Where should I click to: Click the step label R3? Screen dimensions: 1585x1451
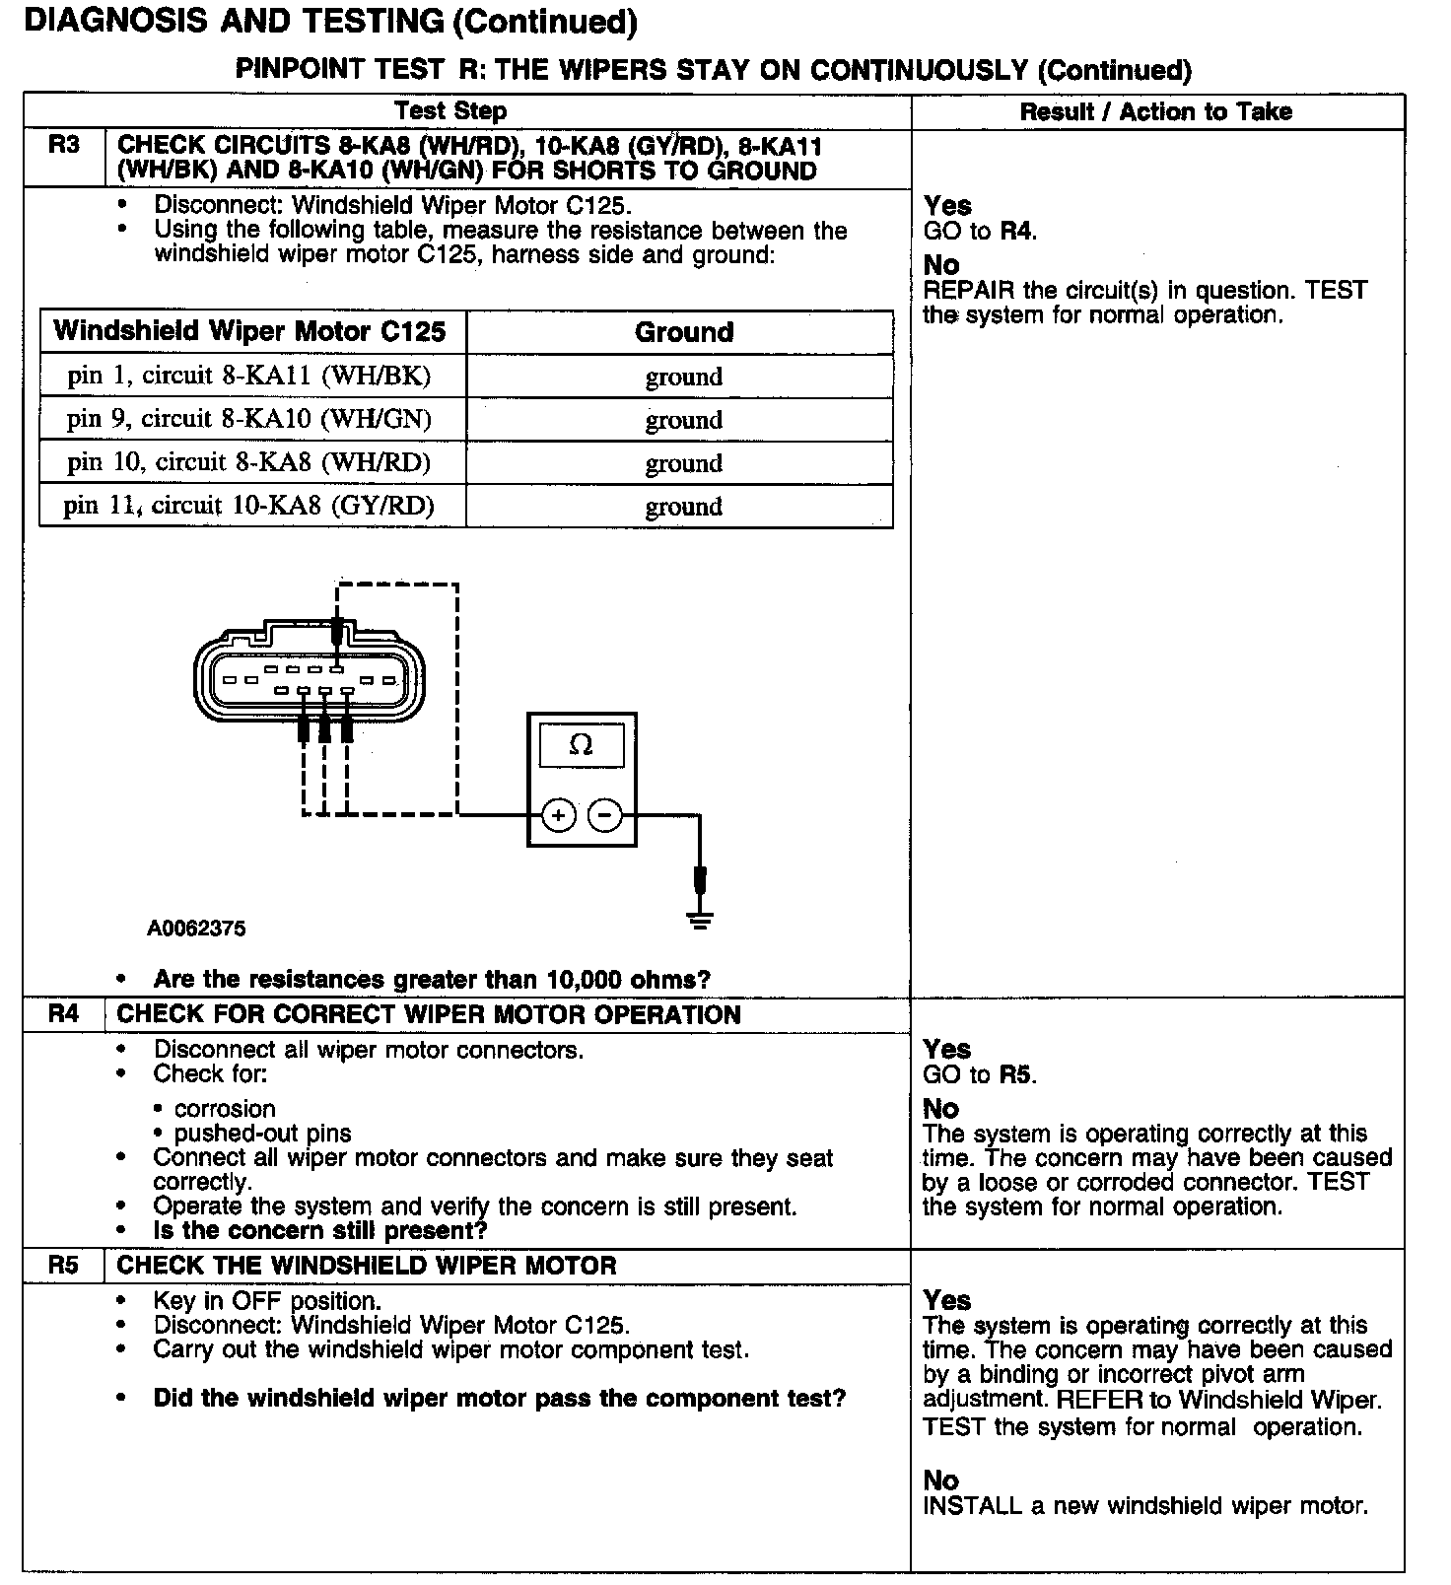click(63, 146)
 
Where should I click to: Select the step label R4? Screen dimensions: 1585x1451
click(63, 1014)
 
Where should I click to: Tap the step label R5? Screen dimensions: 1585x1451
click(63, 1266)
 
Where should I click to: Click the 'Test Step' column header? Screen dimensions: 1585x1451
click(450, 111)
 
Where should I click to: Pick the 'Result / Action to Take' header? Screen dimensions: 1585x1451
click(1155, 111)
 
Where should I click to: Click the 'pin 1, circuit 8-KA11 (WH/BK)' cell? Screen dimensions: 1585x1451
click(249, 376)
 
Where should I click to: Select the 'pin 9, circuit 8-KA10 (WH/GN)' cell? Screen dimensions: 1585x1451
click(249, 419)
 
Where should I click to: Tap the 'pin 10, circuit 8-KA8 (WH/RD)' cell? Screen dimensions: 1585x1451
click(249, 462)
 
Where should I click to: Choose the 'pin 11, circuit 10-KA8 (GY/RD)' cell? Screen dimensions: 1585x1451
click(249, 506)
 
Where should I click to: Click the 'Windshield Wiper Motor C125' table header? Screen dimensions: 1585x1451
click(249, 331)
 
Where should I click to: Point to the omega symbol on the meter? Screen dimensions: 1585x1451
click(582, 746)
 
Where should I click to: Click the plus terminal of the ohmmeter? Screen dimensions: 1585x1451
click(559, 815)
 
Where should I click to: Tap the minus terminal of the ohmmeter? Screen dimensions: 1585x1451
click(605, 815)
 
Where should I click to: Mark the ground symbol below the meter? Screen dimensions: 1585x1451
click(700, 921)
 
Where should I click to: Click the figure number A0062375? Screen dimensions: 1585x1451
click(196, 929)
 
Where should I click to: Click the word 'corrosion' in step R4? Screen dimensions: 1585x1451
click(225, 1109)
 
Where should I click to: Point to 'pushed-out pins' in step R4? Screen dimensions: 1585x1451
click(262, 1134)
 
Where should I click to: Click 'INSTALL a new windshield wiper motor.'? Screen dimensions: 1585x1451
click(1145, 1506)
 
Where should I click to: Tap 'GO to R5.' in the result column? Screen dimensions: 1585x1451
click(979, 1074)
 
